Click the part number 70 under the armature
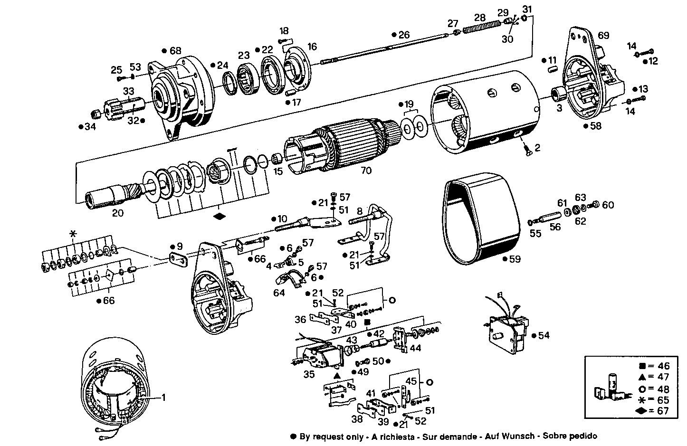[x=366, y=170]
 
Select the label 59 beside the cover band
[x=515, y=259]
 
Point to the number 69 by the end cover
[x=603, y=36]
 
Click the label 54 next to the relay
[x=544, y=335]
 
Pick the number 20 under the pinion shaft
[x=118, y=213]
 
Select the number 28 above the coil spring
[x=480, y=18]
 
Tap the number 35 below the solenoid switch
[x=309, y=374]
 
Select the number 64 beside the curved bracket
[x=279, y=293]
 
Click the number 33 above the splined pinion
[x=129, y=90]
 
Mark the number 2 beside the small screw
[x=537, y=148]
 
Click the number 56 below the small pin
[x=555, y=227]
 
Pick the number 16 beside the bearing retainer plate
[x=312, y=47]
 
